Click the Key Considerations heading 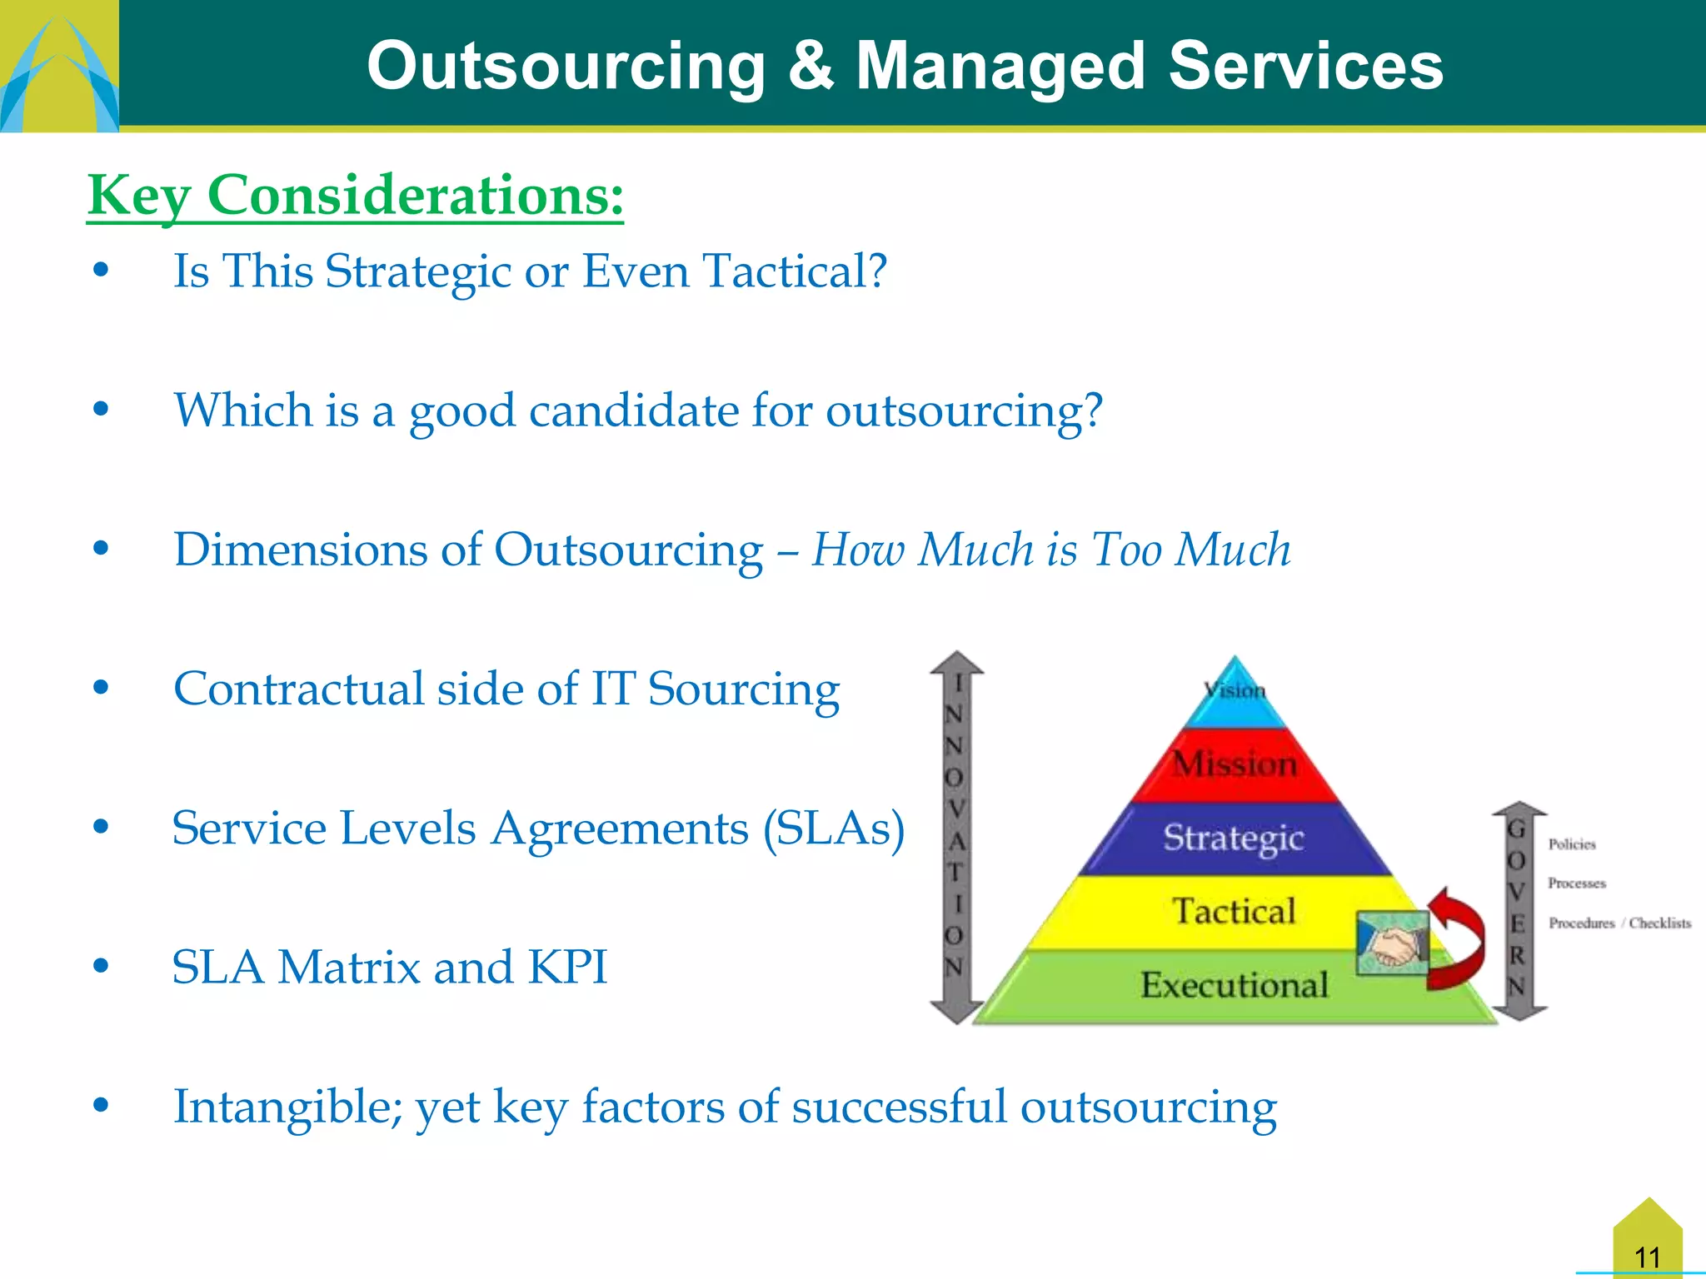(355, 196)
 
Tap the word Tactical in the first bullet (794, 271)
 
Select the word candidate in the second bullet (633, 411)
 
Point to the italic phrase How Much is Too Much (1050, 550)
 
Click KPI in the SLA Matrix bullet (567, 968)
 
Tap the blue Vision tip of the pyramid (1235, 690)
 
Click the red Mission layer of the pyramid (1235, 764)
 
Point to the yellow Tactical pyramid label (1234, 911)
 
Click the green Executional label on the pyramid (1234, 985)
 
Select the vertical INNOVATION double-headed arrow (956, 837)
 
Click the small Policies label (1571, 844)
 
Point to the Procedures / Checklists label (1619, 923)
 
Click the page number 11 (1647, 1257)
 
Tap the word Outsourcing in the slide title (566, 66)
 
